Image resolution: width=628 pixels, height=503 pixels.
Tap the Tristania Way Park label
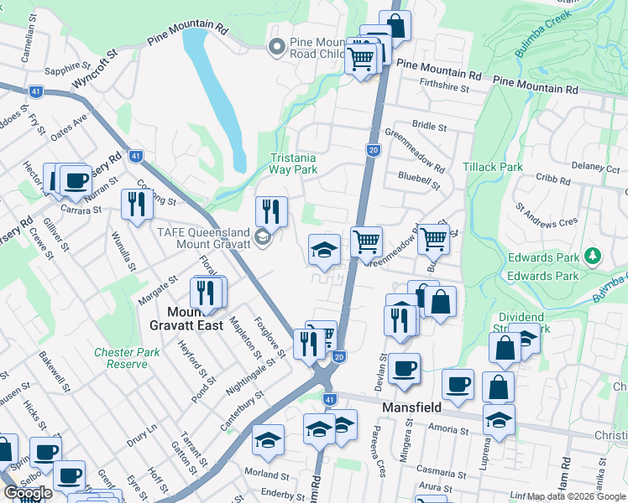point(293,163)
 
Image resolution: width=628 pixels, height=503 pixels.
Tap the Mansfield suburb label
point(412,407)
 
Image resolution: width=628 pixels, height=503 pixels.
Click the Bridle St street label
point(429,127)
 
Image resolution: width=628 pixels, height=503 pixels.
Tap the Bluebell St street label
point(419,179)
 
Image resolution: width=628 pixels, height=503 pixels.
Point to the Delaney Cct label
point(594,168)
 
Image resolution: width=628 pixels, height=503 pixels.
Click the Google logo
point(29,493)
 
